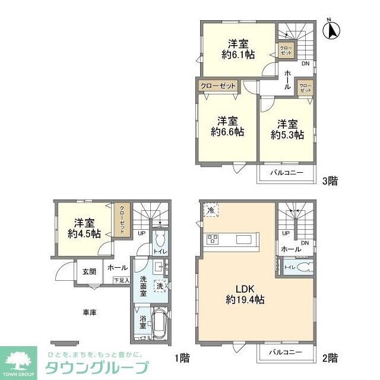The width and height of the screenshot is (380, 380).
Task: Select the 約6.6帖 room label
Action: (x=227, y=125)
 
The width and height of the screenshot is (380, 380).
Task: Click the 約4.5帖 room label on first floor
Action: (x=84, y=229)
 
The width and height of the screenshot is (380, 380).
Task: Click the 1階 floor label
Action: (x=182, y=357)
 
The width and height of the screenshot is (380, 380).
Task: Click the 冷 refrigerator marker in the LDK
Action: (x=211, y=210)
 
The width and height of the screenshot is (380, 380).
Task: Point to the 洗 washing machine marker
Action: (x=160, y=286)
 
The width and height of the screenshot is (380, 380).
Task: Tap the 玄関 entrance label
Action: (x=89, y=271)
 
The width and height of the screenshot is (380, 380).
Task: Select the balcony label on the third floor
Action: (x=287, y=173)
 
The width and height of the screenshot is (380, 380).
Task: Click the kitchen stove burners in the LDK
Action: (x=213, y=239)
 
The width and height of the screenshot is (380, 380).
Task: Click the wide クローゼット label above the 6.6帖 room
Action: (x=218, y=86)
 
